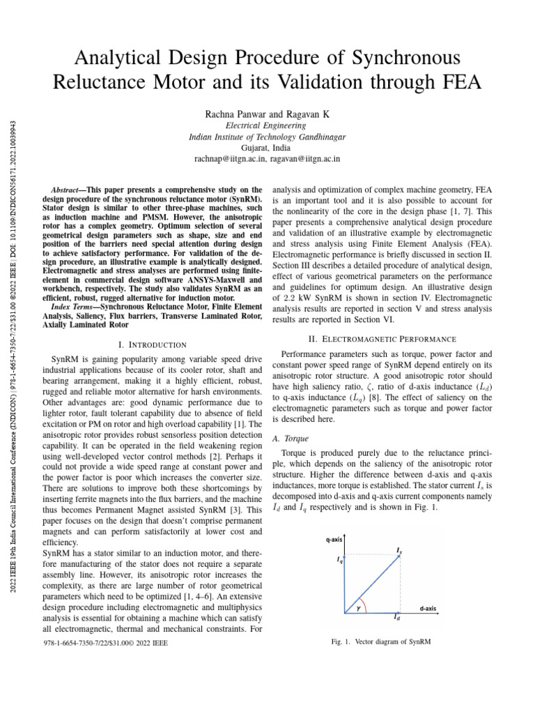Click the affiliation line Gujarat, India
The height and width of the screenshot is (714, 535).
tap(267, 148)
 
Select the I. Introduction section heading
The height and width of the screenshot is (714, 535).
tap(153, 344)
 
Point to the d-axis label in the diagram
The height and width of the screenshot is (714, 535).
tap(428, 608)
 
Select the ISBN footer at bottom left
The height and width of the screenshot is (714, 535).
tap(105, 643)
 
